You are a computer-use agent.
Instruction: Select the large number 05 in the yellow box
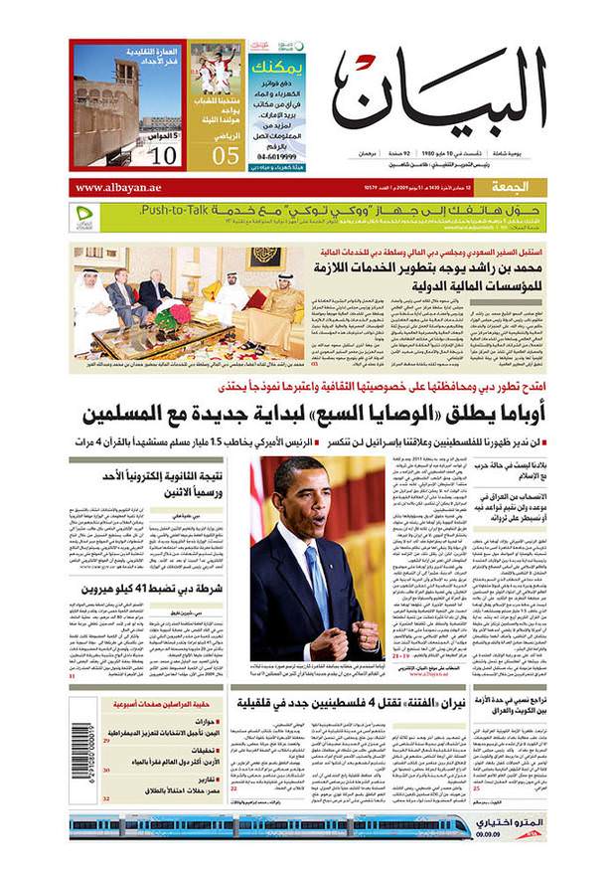click(x=226, y=154)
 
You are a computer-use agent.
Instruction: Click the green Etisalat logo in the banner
click(x=85, y=217)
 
